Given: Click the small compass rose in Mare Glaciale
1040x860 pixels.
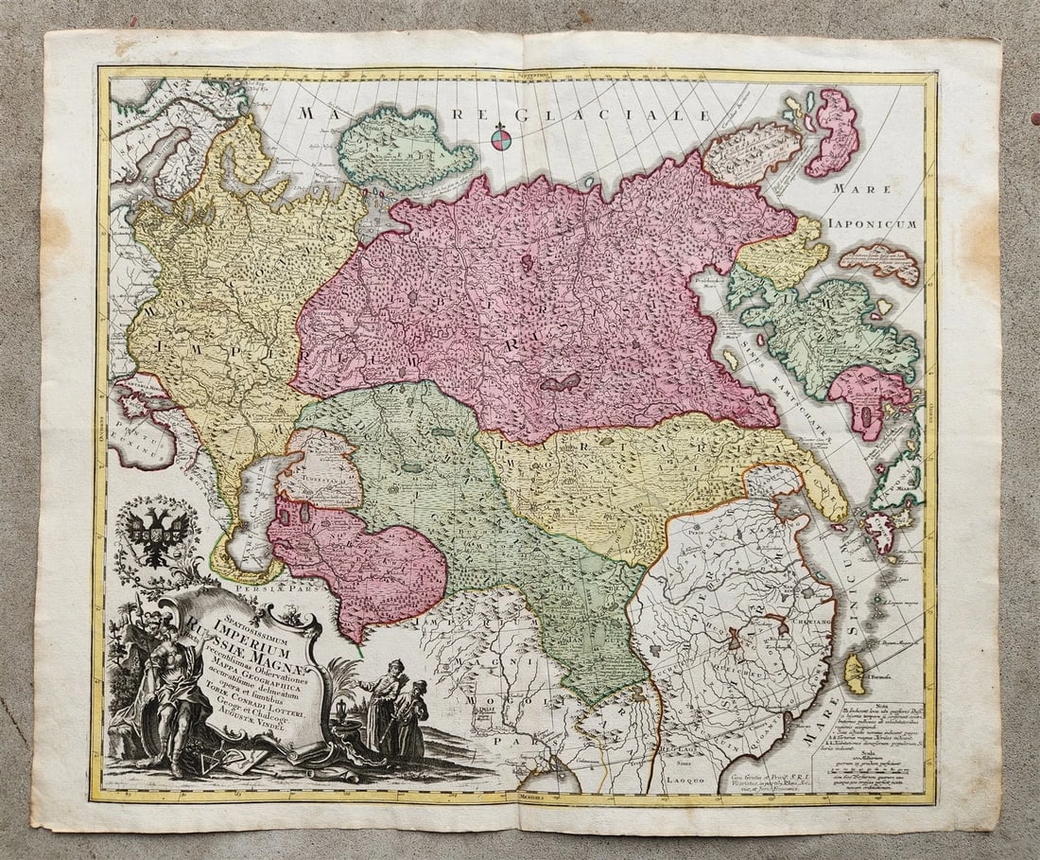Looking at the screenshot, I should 501,139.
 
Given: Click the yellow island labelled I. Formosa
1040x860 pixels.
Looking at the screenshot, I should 855,672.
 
